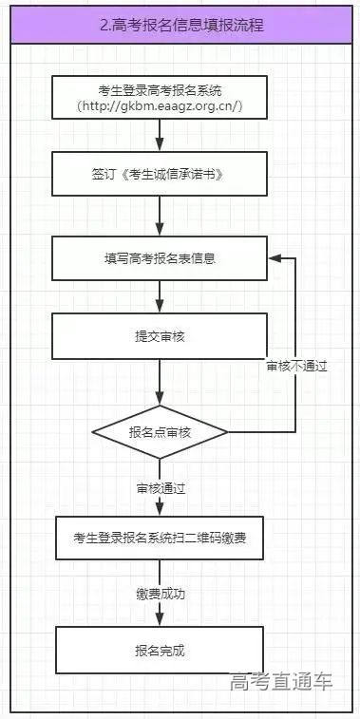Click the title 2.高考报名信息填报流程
180,26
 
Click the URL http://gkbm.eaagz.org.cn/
160,107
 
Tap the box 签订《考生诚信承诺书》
160,177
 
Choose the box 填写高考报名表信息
160,257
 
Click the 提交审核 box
160,337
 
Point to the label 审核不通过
296,366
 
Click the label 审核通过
160,488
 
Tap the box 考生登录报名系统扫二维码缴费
160,538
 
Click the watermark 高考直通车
281,682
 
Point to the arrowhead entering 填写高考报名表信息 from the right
275,257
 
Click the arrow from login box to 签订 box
160,137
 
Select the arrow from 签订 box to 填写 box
160,218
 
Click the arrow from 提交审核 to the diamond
160,385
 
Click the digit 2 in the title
104,26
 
